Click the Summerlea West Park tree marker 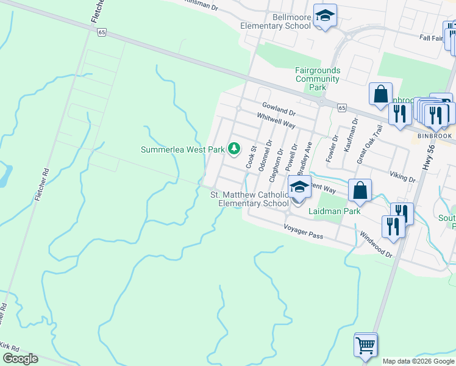tap(233, 149)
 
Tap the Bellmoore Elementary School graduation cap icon tap(325, 18)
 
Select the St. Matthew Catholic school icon tap(299, 188)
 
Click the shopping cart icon tap(365, 345)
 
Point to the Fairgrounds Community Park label tap(318, 79)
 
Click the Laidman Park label tap(335, 211)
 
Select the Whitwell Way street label tap(276, 121)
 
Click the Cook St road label tap(251, 157)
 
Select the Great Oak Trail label tap(370, 143)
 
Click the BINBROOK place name tap(434, 136)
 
